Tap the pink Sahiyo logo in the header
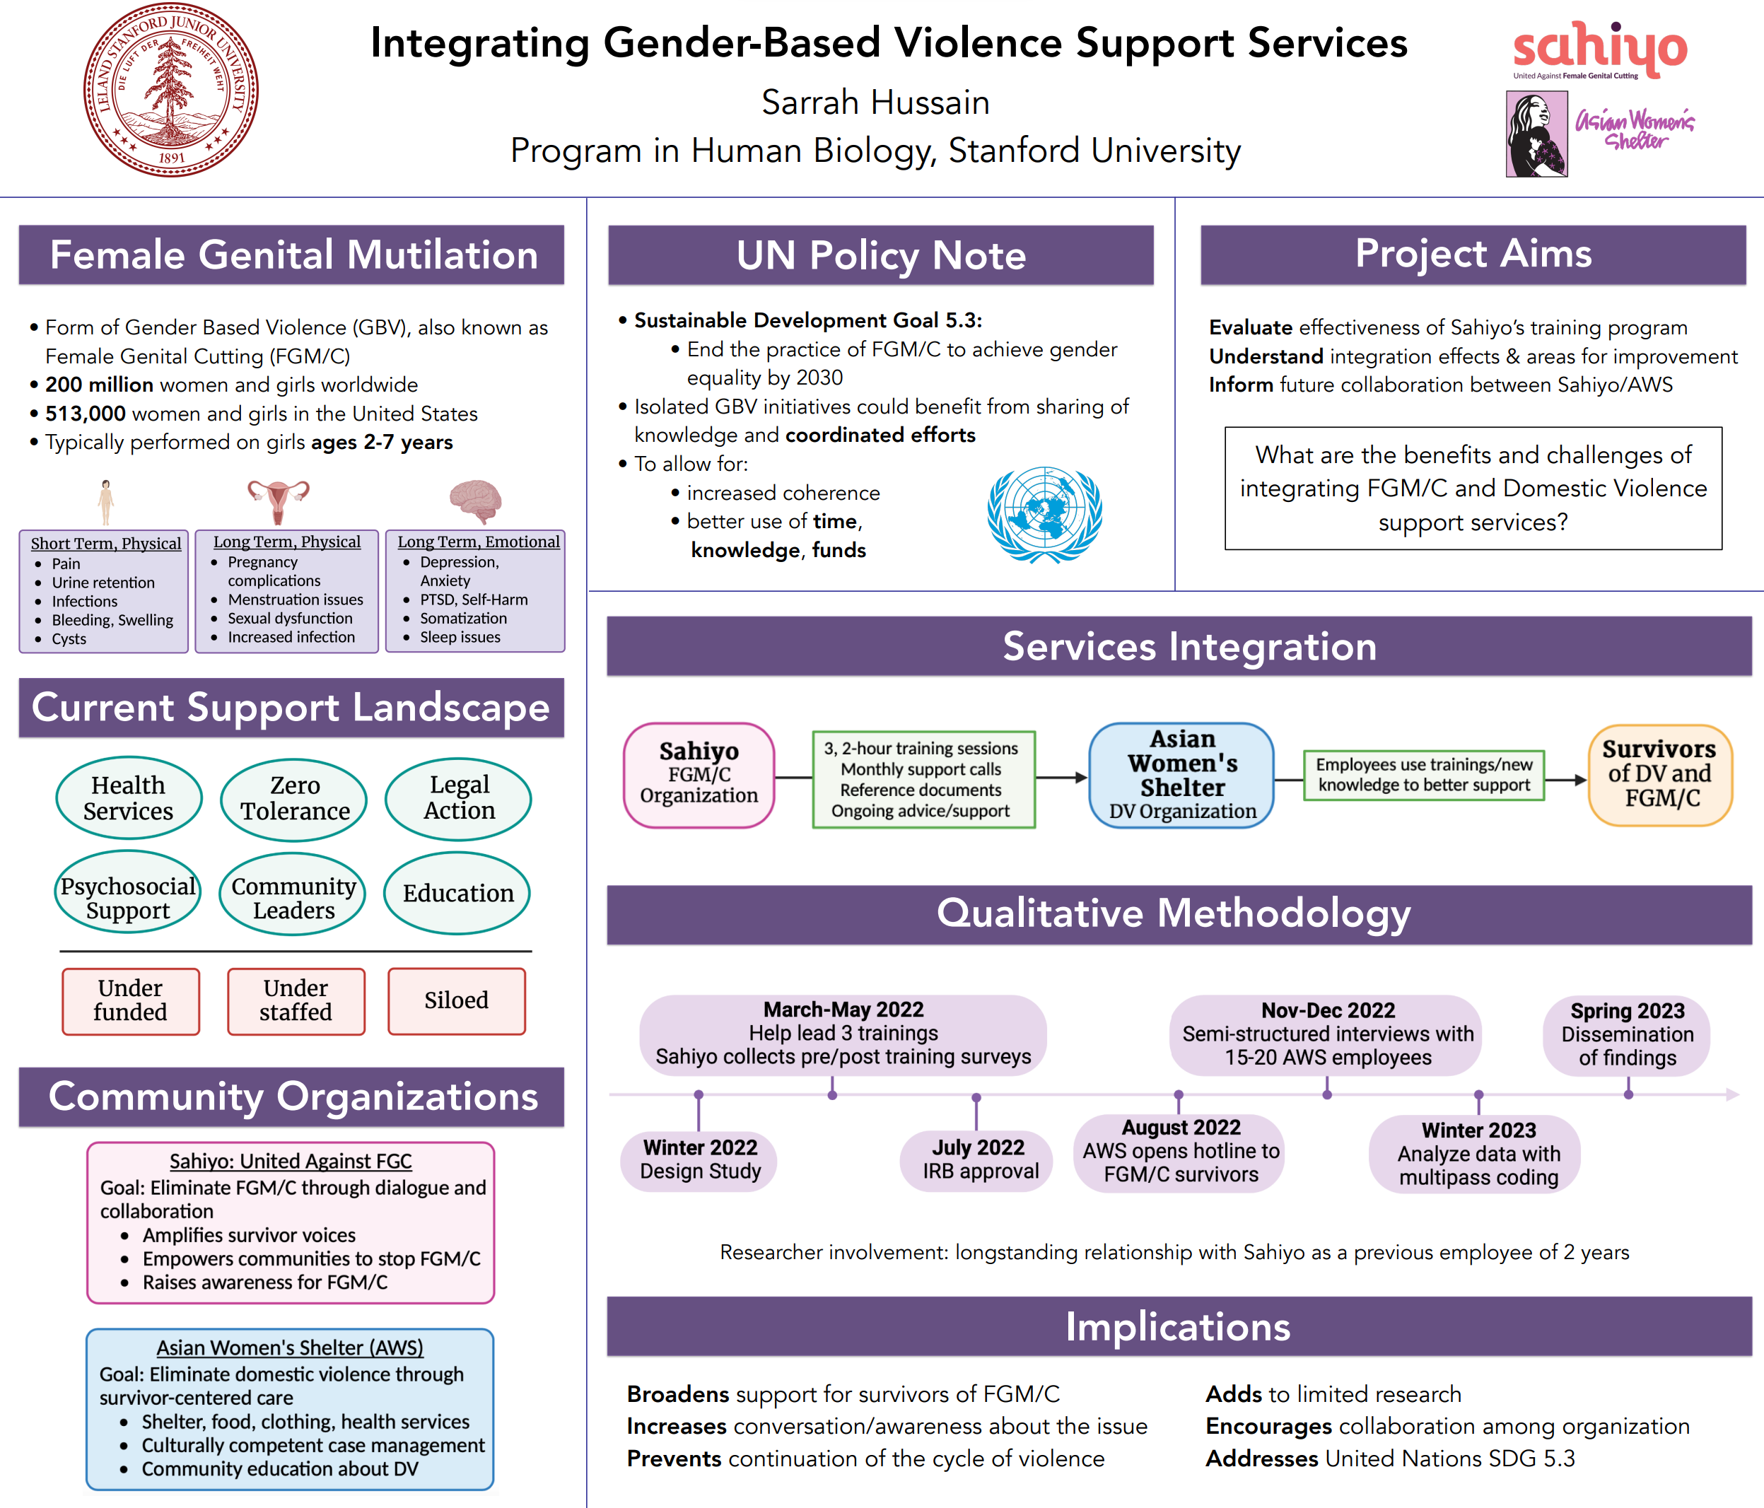pyautogui.click(x=1599, y=49)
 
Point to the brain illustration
pyautogui.click(x=475, y=500)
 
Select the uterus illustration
pyautogui.click(x=279, y=501)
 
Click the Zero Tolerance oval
pyautogui.click(x=293, y=799)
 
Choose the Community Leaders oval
pyautogui.click(x=293, y=897)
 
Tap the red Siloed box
pyautogui.click(x=456, y=1000)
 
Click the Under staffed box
pyautogui.click(x=296, y=1000)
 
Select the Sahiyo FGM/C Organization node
pyautogui.click(x=699, y=774)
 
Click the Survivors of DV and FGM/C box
pyautogui.click(x=1660, y=774)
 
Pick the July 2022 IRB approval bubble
pyautogui.click(x=977, y=1159)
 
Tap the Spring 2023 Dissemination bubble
pyautogui.click(x=1627, y=1034)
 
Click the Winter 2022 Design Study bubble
pyautogui.click(x=700, y=1159)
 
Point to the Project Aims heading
pyautogui.click(x=1473, y=254)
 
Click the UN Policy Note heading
pyautogui.click(x=880, y=255)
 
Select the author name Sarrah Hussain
pyautogui.click(x=875, y=103)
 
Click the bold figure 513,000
pyautogui.click(x=85, y=414)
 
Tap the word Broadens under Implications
pyautogui.click(x=678, y=1394)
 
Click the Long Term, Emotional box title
pyautogui.click(x=479, y=542)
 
